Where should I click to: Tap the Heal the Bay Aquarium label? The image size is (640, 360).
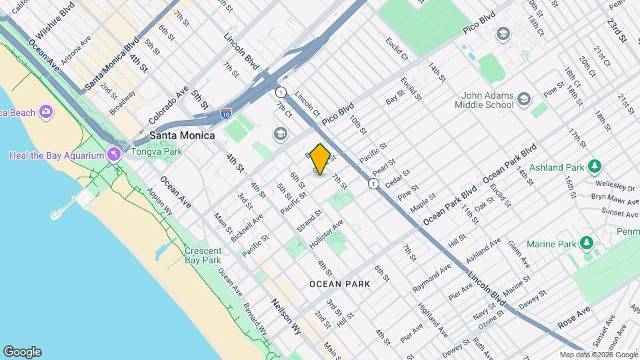pyautogui.click(x=57, y=155)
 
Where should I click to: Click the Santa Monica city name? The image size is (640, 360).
pyautogui.click(x=182, y=135)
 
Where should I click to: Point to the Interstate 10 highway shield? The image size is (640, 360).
pyautogui.click(x=226, y=115)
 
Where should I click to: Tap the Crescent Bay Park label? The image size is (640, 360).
pyautogui.click(x=202, y=255)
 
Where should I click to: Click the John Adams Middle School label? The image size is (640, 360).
pyautogui.click(x=484, y=100)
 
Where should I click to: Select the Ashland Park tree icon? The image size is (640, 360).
pyautogui.click(x=594, y=165)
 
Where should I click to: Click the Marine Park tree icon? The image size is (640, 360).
pyautogui.click(x=587, y=243)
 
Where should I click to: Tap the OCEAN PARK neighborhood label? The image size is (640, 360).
pyautogui.click(x=339, y=284)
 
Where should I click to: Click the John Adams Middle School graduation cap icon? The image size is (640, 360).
pyautogui.click(x=524, y=100)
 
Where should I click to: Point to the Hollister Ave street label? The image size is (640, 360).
pyautogui.click(x=326, y=234)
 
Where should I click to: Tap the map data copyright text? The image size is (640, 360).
pyautogui.click(x=599, y=355)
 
